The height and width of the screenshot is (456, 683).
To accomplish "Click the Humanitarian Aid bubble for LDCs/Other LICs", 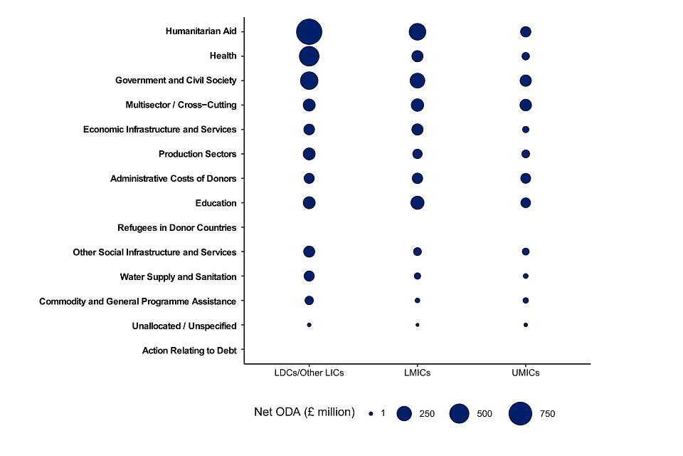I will coord(309,31).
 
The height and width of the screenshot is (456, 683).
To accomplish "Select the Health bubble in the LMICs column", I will coord(417,56).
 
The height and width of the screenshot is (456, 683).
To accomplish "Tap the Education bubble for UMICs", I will coord(525,203).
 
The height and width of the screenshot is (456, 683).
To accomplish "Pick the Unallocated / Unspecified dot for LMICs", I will coord(417,325).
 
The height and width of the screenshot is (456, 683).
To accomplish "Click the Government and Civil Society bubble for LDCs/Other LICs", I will coord(309,81).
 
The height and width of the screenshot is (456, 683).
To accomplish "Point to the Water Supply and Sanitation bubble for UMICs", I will coord(525,276).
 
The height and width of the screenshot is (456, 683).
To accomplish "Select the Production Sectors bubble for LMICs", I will coord(417,154).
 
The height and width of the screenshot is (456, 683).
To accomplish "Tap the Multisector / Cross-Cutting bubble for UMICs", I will coord(525,105).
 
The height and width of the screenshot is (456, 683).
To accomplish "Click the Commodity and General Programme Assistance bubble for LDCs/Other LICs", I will coord(309,301).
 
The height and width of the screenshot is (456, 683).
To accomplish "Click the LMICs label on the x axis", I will coord(417,373).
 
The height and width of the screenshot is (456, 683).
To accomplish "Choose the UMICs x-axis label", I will coord(525,373).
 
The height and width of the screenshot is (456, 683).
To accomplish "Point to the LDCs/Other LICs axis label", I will coord(309,373).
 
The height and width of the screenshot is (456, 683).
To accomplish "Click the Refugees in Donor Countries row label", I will coord(176,228).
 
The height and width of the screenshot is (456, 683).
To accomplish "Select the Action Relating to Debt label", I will coord(189,351).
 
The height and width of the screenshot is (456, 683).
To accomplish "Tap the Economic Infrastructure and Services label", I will coord(159,130).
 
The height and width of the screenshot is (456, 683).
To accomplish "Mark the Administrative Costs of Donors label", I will coord(173,179).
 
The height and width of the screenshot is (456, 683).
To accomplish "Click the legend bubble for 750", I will coord(521,413).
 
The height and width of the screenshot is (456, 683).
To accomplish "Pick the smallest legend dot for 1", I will coord(371,413).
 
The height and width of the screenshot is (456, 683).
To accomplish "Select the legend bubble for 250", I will coord(405,413).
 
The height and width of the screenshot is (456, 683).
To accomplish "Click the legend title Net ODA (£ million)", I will coord(304,412).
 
